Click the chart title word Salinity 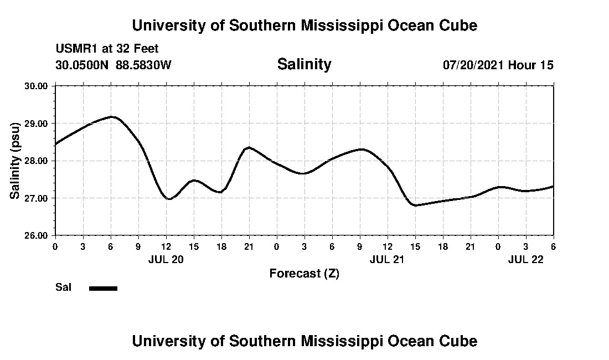304,64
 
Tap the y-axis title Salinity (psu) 15,161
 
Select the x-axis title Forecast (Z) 304,274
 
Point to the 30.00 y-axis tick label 37,86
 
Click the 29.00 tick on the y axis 37,124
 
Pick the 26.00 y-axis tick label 37,235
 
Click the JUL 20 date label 166,259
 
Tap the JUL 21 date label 387,259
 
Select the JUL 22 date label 525,259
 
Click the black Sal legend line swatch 103,288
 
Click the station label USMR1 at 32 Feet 107,49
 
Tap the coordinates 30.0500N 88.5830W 113,65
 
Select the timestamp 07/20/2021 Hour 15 498,65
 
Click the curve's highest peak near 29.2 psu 112,117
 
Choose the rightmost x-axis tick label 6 553,246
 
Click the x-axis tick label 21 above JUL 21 470,246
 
